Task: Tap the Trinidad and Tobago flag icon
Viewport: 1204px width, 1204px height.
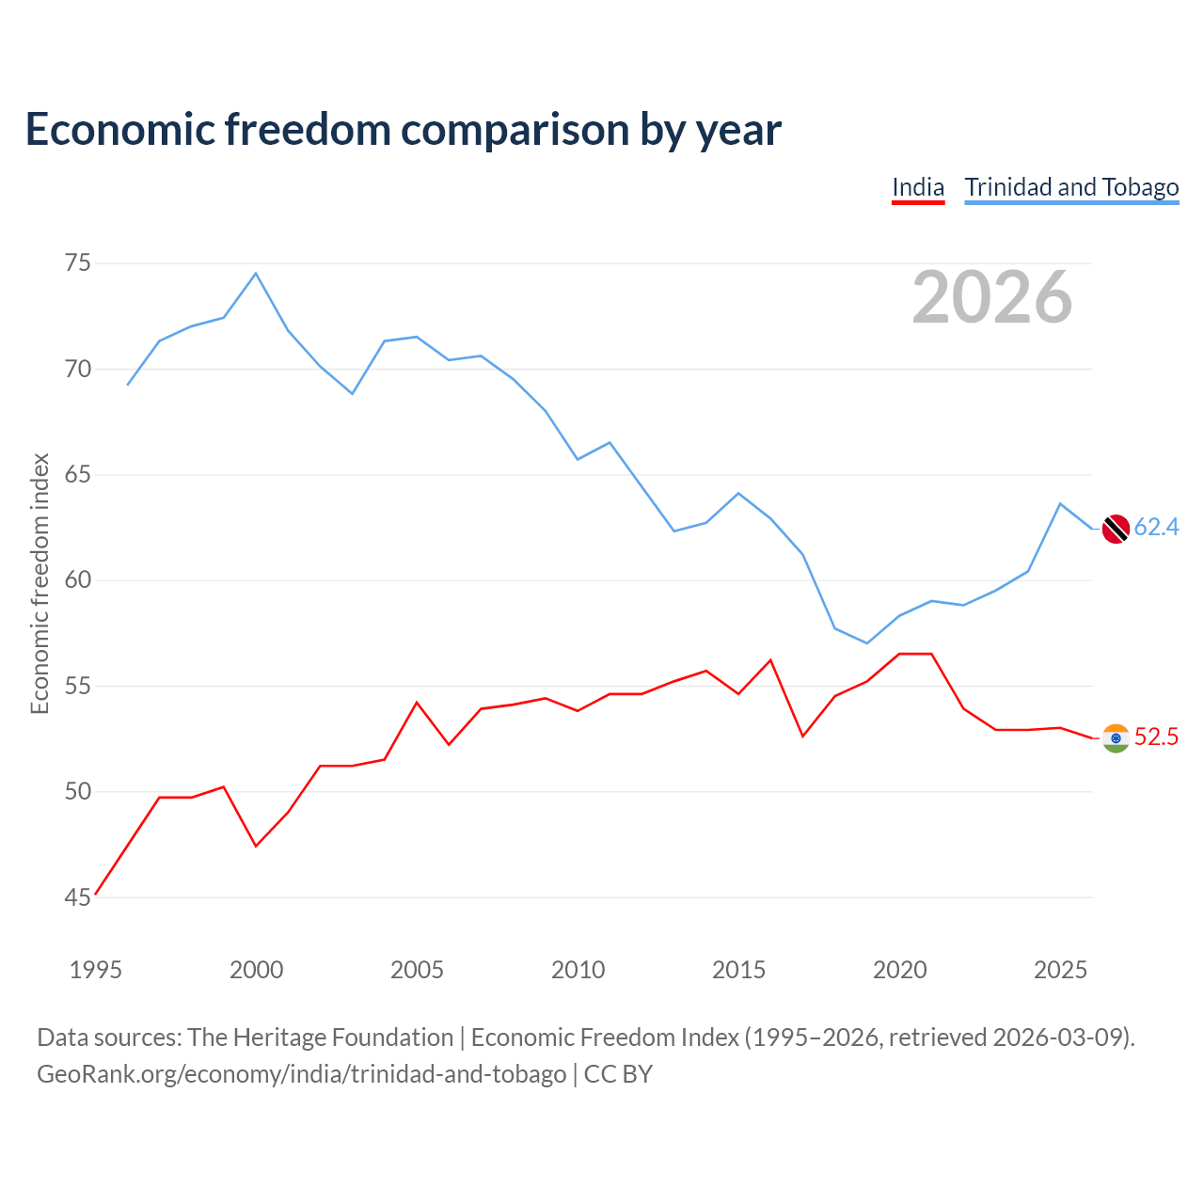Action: click(1116, 529)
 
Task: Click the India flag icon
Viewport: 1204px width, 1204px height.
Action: click(1116, 737)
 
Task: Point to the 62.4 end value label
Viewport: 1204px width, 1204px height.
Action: click(1156, 527)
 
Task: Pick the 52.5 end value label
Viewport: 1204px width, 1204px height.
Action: click(1156, 737)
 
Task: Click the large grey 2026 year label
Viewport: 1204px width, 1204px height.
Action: click(991, 297)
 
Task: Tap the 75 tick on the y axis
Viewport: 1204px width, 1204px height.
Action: click(77, 263)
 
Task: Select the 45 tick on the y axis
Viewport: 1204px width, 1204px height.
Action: click(77, 897)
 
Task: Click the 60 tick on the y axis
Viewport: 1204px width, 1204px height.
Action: click(77, 579)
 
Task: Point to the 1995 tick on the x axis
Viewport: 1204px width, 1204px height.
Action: click(96, 970)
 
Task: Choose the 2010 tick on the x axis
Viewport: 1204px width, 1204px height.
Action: click(578, 970)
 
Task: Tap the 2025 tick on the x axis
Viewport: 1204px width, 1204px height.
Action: click(1060, 970)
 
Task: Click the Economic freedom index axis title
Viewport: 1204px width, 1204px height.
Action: click(40, 583)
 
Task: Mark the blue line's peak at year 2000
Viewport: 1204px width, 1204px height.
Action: click(256, 273)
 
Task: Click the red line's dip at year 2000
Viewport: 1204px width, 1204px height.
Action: click(256, 846)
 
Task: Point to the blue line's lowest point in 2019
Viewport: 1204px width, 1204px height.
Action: click(866, 643)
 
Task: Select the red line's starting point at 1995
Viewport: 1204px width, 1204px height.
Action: click(96, 895)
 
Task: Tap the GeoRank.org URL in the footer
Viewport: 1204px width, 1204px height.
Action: click(302, 1074)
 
